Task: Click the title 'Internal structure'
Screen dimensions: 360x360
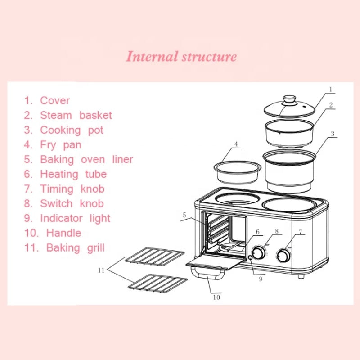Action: click(x=181, y=57)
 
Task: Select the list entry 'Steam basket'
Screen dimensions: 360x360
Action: click(x=76, y=115)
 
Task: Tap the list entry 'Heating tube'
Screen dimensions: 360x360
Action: click(x=73, y=174)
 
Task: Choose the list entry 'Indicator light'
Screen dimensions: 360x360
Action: click(x=75, y=218)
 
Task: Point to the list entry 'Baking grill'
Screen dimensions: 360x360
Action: click(x=75, y=247)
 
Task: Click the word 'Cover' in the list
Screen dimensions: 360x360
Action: click(x=55, y=100)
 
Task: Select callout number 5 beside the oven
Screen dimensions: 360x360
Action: click(x=184, y=216)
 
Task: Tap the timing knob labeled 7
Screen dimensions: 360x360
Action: click(x=283, y=255)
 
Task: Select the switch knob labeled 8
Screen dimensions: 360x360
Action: click(x=259, y=253)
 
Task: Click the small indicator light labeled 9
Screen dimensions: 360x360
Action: click(x=250, y=257)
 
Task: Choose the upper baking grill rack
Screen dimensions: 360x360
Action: click(x=154, y=256)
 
